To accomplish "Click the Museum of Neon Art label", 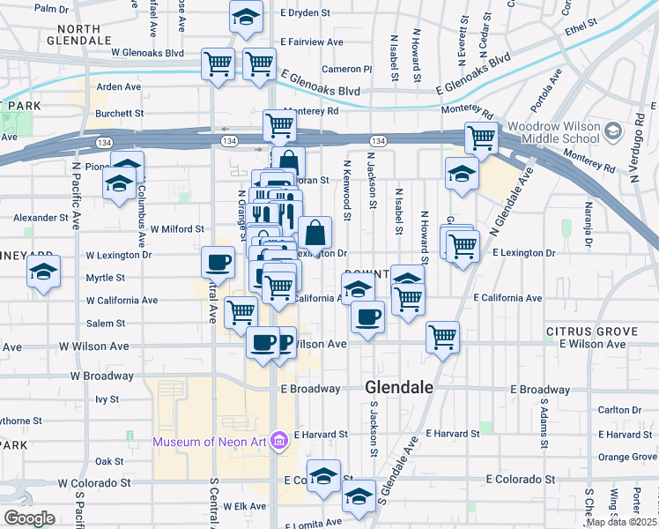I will (211, 441).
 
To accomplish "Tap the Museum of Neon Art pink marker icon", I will (279, 440).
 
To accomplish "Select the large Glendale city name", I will (399, 387).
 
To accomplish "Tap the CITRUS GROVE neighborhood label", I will (592, 332).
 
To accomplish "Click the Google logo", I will (30, 518).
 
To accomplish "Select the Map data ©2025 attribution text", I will (622, 522).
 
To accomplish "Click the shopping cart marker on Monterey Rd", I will (279, 125).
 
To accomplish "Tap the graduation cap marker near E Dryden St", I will (247, 16).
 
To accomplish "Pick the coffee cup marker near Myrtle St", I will (218, 261).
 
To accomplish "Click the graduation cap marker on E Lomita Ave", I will (359, 496).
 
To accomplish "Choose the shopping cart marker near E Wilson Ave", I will (442, 335).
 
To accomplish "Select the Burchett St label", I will (119, 113).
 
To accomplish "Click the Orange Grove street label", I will (626, 457).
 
